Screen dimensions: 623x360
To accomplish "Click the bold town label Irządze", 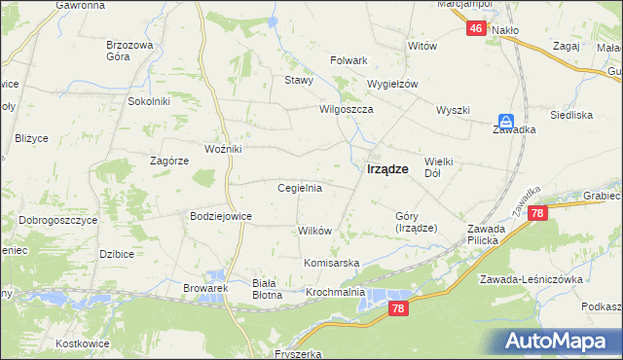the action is [x=387, y=168].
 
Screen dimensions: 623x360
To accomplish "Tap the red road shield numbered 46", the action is [x=475, y=29].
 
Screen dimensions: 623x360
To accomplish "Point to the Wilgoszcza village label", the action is [x=347, y=110].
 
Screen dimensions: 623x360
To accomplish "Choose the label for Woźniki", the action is [x=222, y=149].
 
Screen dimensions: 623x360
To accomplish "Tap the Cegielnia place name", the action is [x=300, y=188].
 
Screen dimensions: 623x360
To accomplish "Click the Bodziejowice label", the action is [x=221, y=216].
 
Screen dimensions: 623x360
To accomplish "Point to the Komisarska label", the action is [x=332, y=264].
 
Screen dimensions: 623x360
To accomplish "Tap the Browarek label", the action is [x=204, y=289].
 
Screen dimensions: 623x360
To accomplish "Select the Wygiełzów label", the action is [x=391, y=84].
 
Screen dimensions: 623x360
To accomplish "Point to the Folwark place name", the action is [x=348, y=60].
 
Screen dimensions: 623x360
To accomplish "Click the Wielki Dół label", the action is [x=440, y=166].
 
